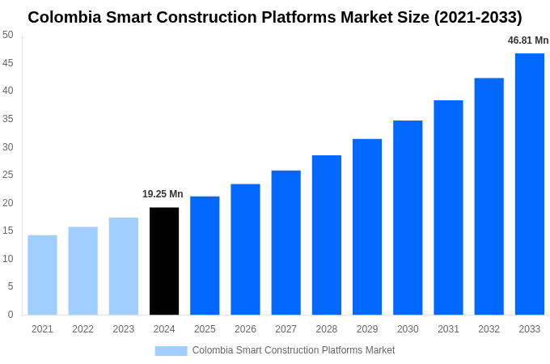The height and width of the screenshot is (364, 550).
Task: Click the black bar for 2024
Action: pos(164,261)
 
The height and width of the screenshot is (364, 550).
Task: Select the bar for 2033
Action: pos(530,184)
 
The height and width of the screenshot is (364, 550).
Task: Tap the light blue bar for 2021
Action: pos(42,275)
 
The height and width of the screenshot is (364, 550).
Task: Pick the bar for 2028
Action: pos(327,235)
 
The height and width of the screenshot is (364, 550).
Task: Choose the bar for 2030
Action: pos(408,218)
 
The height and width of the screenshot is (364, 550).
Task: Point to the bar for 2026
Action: pos(245,249)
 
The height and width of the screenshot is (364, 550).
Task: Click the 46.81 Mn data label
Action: pos(528,40)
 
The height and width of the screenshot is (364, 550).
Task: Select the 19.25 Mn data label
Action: pos(163,194)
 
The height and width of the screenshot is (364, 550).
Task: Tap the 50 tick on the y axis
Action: pos(8,35)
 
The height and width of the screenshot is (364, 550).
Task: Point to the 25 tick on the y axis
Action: pos(8,175)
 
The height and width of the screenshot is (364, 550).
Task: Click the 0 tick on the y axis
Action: pos(11,315)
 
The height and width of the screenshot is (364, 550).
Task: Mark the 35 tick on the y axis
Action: pos(8,119)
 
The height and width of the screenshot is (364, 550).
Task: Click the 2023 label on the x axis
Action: pos(124,329)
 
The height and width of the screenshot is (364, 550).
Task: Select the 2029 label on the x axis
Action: pos(367,329)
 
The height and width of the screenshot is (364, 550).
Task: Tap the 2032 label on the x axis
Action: pos(489,329)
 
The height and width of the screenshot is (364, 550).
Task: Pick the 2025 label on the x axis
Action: pos(205,329)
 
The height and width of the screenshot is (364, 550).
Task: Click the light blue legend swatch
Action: pos(171,351)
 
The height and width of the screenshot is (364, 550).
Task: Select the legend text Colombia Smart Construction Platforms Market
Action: pos(294,350)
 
